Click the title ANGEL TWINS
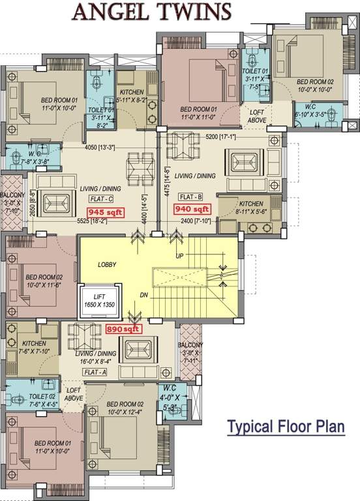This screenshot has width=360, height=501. [151, 12]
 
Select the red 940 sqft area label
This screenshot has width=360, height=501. [192, 209]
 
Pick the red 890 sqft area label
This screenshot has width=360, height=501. [123, 330]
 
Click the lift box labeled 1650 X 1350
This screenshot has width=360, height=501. [100, 300]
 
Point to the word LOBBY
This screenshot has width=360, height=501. [108, 266]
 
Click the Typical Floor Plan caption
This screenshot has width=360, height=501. [285, 428]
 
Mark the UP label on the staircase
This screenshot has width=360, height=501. [179, 256]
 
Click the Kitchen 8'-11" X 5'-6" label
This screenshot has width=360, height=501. [250, 207]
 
